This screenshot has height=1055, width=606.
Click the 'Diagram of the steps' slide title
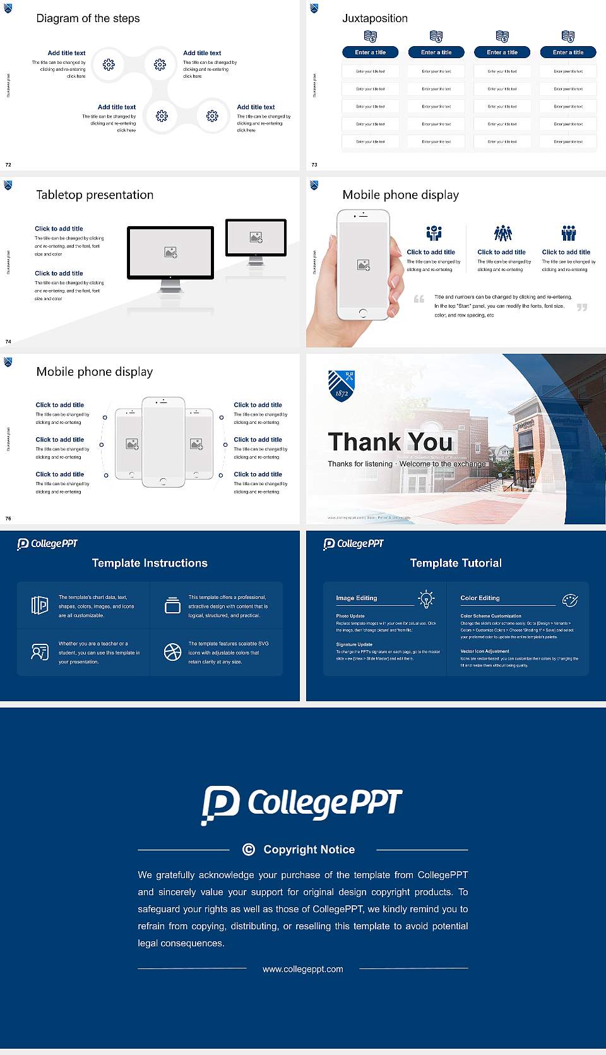[x=88, y=18]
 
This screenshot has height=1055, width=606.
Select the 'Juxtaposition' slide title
[x=374, y=18]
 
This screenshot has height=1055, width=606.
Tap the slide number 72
[x=8, y=165]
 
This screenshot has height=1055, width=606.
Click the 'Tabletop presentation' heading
[x=95, y=195]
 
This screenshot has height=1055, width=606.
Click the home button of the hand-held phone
[x=362, y=313]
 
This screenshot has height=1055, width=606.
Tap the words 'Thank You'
[x=390, y=442]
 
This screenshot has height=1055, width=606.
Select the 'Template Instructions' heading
[x=150, y=563]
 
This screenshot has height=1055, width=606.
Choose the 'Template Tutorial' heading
[x=456, y=563]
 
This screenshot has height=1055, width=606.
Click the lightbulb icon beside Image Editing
[x=427, y=599]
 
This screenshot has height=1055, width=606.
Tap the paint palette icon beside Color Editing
[x=570, y=600]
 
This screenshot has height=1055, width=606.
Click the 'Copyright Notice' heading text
[x=309, y=850]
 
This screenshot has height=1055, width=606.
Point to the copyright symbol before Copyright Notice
[x=249, y=850]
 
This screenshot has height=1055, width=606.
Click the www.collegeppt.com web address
[x=303, y=969]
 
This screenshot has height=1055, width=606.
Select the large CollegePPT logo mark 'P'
[x=220, y=804]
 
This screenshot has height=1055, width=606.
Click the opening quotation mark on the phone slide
[x=419, y=299]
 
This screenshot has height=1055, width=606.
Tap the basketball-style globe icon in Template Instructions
[x=172, y=652]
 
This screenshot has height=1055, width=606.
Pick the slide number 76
[x=8, y=519]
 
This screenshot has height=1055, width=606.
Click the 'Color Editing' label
[x=480, y=598]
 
